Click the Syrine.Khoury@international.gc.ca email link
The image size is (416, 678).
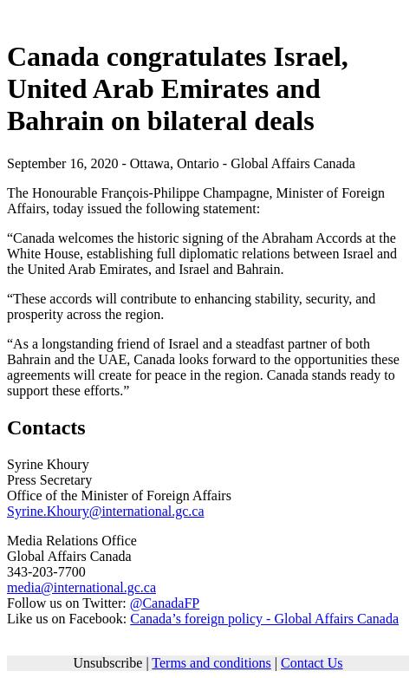(x=105, y=512)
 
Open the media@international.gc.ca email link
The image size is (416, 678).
(x=81, y=588)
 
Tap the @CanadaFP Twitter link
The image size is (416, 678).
(x=164, y=603)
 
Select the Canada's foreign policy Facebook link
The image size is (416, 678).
(x=263, y=619)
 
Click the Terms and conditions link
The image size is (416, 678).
(x=211, y=663)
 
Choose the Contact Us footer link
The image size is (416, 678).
(x=311, y=663)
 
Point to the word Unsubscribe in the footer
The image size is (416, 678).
(x=107, y=663)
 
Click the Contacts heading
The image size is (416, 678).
(x=46, y=427)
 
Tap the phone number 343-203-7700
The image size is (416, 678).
(x=46, y=572)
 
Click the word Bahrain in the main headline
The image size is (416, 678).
(x=55, y=121)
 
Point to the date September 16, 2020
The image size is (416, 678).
(x=62, y=164)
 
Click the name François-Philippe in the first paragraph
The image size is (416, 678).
(x=185, y=193)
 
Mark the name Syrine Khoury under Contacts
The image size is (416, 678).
(x=48, y=465)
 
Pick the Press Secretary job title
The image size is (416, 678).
(x=49, y=480)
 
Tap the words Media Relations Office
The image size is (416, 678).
(x=71, y=541)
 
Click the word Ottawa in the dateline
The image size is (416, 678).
(x=149, y=164)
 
